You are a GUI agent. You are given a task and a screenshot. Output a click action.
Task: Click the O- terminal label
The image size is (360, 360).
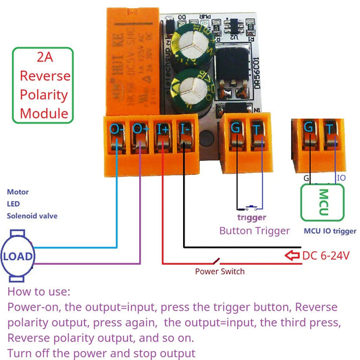click(117, 128)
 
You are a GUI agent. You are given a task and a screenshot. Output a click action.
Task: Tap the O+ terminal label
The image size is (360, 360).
click(140, 128)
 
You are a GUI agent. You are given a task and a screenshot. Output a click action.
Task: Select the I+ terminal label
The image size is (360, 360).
click(163, 128)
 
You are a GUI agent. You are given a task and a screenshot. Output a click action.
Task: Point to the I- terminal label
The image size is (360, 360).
click(185, 128)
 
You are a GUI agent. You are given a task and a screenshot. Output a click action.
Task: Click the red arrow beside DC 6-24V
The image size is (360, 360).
click(292, 255)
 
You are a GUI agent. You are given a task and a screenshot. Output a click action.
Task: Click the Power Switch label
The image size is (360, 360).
click(220, 272)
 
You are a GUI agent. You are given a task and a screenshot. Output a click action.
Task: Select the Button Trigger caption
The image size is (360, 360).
click(254, 231)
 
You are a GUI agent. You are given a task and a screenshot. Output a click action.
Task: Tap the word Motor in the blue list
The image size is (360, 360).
click(18, 192)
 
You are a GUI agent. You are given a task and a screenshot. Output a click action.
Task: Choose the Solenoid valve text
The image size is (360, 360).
click(32, 216)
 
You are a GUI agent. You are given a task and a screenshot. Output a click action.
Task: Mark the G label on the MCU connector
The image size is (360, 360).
click(309, 128)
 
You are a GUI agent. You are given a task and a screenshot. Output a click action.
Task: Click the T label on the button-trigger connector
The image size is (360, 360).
click(259, 127)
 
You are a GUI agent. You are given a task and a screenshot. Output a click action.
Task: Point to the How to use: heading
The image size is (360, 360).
click(38, 292)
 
